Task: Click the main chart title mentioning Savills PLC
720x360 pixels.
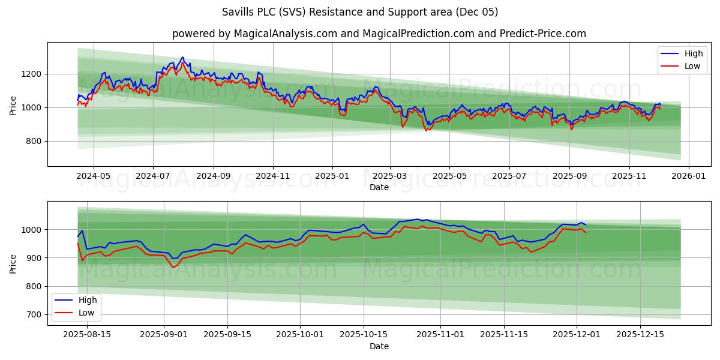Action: coord(359,12)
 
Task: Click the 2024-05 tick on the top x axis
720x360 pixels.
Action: coord(94,176)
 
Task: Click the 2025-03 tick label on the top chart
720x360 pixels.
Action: coord(390,176)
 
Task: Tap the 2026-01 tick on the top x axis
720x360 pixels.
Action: coord(688,176)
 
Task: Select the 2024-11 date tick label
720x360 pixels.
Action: coord(273,176)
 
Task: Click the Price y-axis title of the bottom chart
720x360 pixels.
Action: coord(13,263)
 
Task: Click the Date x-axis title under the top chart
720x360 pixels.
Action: coord(379,187)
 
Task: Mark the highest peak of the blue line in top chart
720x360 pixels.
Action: coord(182,58)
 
